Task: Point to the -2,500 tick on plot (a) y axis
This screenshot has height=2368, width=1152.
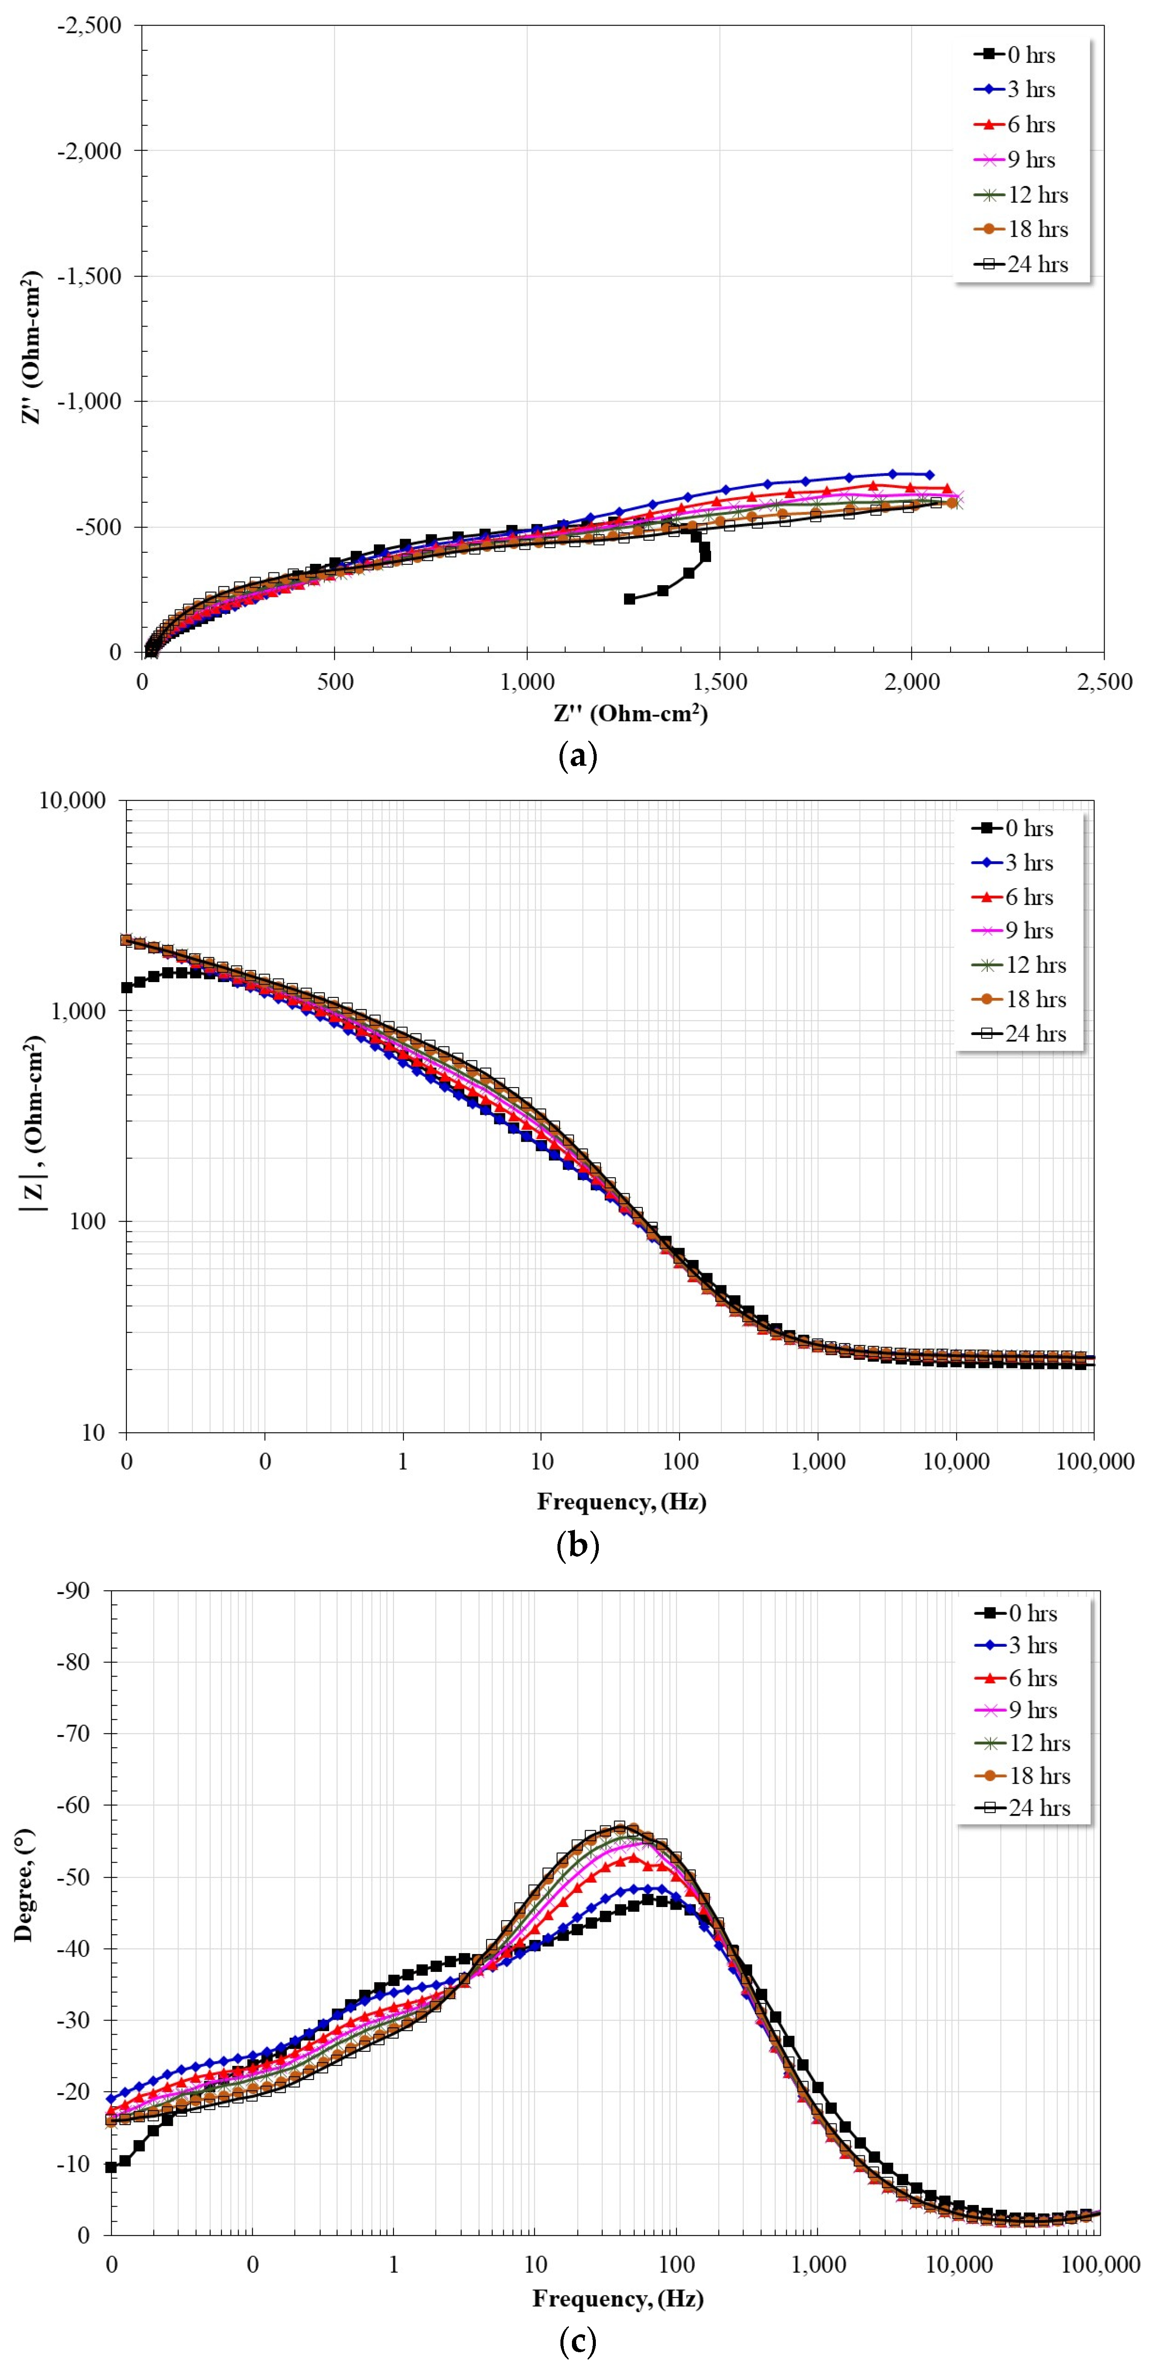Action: [89, 26]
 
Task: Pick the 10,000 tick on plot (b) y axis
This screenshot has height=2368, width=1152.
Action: [72, 801]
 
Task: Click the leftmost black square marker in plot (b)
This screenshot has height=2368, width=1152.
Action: [127, 987]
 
